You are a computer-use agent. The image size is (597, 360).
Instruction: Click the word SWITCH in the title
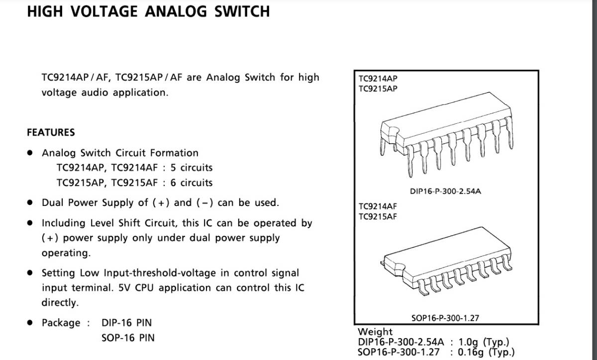[242, 11]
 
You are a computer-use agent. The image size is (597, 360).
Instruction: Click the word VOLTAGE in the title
[104, 11]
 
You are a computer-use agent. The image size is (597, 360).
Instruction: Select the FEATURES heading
[51, 132]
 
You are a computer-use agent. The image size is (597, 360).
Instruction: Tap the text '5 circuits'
[192, 168]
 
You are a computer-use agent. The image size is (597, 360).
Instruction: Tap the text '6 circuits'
[192, 182]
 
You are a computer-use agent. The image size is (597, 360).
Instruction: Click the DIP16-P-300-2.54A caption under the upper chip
[445, 191]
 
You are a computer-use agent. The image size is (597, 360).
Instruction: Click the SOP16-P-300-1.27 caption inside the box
[445, 318]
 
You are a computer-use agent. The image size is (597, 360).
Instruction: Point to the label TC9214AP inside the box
[378, 79]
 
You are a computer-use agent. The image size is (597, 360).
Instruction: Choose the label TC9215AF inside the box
[378, 216]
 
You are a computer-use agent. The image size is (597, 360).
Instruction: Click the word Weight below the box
[375, 332]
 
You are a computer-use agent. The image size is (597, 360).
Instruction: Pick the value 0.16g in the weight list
[471, 352]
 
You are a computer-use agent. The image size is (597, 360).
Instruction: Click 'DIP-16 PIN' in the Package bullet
[126, 323]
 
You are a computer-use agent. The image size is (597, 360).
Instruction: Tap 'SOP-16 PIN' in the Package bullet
[128, 338]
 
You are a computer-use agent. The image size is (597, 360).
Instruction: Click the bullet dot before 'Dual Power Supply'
[30, 202]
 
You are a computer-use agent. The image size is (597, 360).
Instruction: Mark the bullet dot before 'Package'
[30, 323]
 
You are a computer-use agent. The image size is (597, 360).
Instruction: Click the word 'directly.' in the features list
[60, 303]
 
